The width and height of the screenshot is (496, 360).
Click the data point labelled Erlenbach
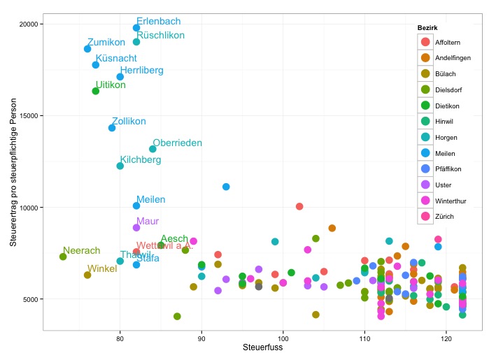(x=136, y=28)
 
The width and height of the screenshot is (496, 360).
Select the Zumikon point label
(x=106, y=42)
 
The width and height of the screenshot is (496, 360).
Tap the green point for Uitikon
(x=96, y=91)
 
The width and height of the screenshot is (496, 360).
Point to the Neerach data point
(x=63, y=257)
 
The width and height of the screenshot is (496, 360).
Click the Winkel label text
(x=102, y=269)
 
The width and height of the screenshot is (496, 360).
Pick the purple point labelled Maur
(x=136, y=227)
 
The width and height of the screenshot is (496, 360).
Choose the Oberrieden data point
(x=153, y=149)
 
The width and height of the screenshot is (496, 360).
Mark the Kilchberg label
(x=141, y=160)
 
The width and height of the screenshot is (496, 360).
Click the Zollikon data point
(x=112, y=128)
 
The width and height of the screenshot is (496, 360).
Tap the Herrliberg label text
(x=142, y=71)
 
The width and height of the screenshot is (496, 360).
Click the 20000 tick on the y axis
(x=29, y=24)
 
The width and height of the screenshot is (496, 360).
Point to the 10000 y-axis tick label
(x=29, y=208)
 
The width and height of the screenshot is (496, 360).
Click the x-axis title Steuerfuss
(x=262, y=347)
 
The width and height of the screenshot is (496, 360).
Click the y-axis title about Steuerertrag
(x=13, y=177)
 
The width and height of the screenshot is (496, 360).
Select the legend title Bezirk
(x=427, y=27)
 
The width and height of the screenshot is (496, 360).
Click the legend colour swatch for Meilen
(x=425, y=153)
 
